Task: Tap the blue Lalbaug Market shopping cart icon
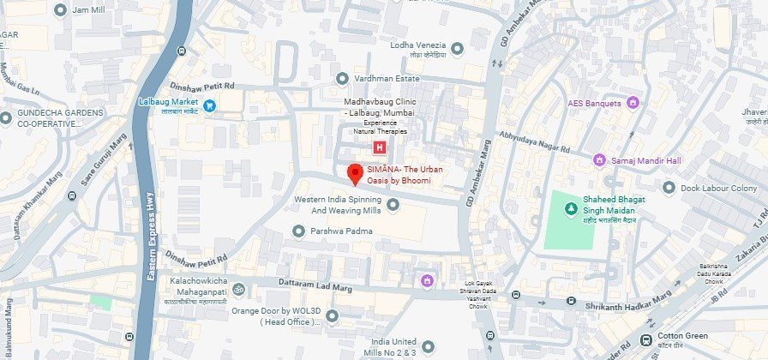[x=209, y=105]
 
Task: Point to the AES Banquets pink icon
[x=633, y=104]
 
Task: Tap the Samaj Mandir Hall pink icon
[x=600, y=159]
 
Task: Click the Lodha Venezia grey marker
[x=457, y=47]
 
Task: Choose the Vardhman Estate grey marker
[x=342, y=77]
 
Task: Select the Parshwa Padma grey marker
[x=298, y=231]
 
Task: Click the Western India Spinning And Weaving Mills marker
[x=393, y=204]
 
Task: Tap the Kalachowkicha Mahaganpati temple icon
[x=239, y=287]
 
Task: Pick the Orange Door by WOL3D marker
[x=333, y=316]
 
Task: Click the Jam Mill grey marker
[x=60, y=9]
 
